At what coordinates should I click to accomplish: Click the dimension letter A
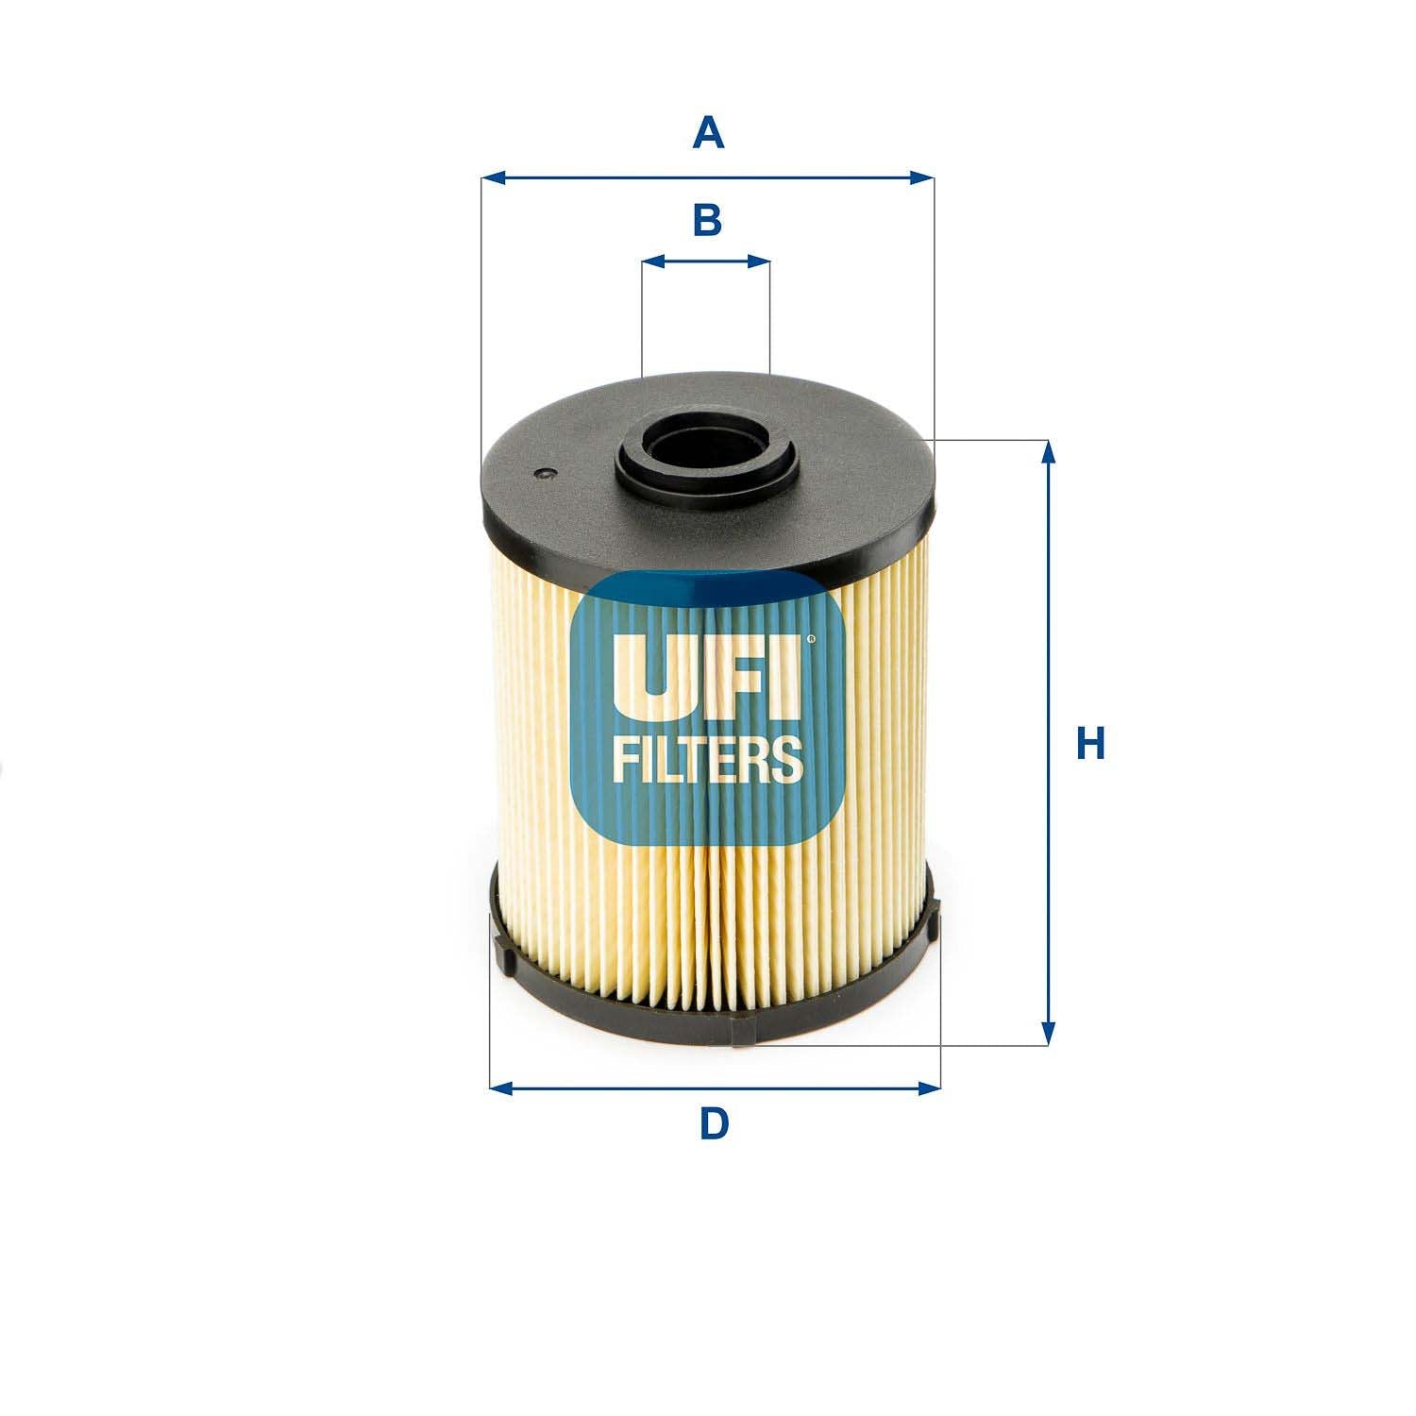point(708,133)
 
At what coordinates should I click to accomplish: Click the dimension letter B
point(707,220)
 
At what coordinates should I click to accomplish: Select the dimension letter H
point(1090,744)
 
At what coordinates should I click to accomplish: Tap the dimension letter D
point(715,1123)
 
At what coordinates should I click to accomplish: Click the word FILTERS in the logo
point(708,760)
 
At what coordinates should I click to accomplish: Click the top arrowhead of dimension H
point(1047,452)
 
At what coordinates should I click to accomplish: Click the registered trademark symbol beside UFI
point(808,639)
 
